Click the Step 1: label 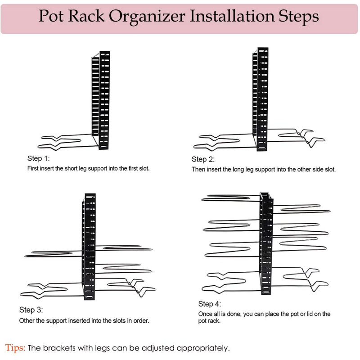point(39,159)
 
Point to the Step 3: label point(31,310)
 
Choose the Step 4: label point(210,304)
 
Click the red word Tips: point(15,347)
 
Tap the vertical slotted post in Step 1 point(104,99)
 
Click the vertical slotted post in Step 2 point(262,99)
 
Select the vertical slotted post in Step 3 point(90,247)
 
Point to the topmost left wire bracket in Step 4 point(229,198)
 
